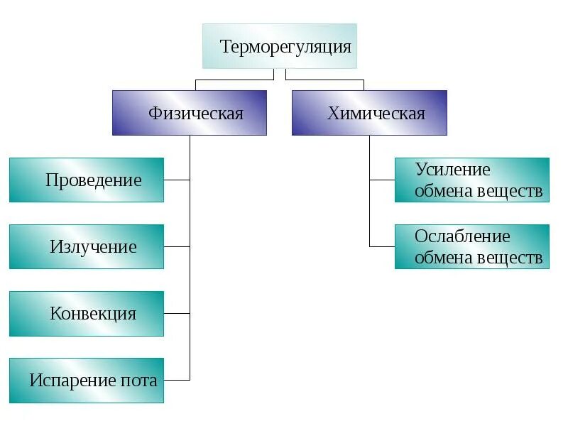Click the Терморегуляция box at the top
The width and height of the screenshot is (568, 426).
click(280, 46)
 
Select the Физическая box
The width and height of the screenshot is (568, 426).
click(190, 113)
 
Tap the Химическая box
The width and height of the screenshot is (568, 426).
click(369, 113)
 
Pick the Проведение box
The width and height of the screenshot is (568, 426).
click(87, 180)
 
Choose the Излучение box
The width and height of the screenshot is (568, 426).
click(87, 246)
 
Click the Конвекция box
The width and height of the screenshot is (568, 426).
click(87, 313)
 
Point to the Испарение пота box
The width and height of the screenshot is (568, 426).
click(87, 381)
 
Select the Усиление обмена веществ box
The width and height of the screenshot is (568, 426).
click(472, 180)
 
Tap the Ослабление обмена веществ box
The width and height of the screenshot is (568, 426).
click(472, 246)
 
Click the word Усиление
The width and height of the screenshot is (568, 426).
click(453, 170)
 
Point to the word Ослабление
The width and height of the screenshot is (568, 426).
click(462, 236)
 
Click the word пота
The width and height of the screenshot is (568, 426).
click(140, 381)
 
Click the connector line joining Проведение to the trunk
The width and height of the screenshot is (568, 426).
click(177, 180)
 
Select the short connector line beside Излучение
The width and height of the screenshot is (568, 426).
click(177, 246)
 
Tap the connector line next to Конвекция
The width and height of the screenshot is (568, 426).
click(177, 313)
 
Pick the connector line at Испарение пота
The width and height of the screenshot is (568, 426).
click(177, 380)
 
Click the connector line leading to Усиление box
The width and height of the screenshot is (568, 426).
click(382, 180)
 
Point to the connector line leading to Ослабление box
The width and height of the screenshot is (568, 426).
click(382, 246)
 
